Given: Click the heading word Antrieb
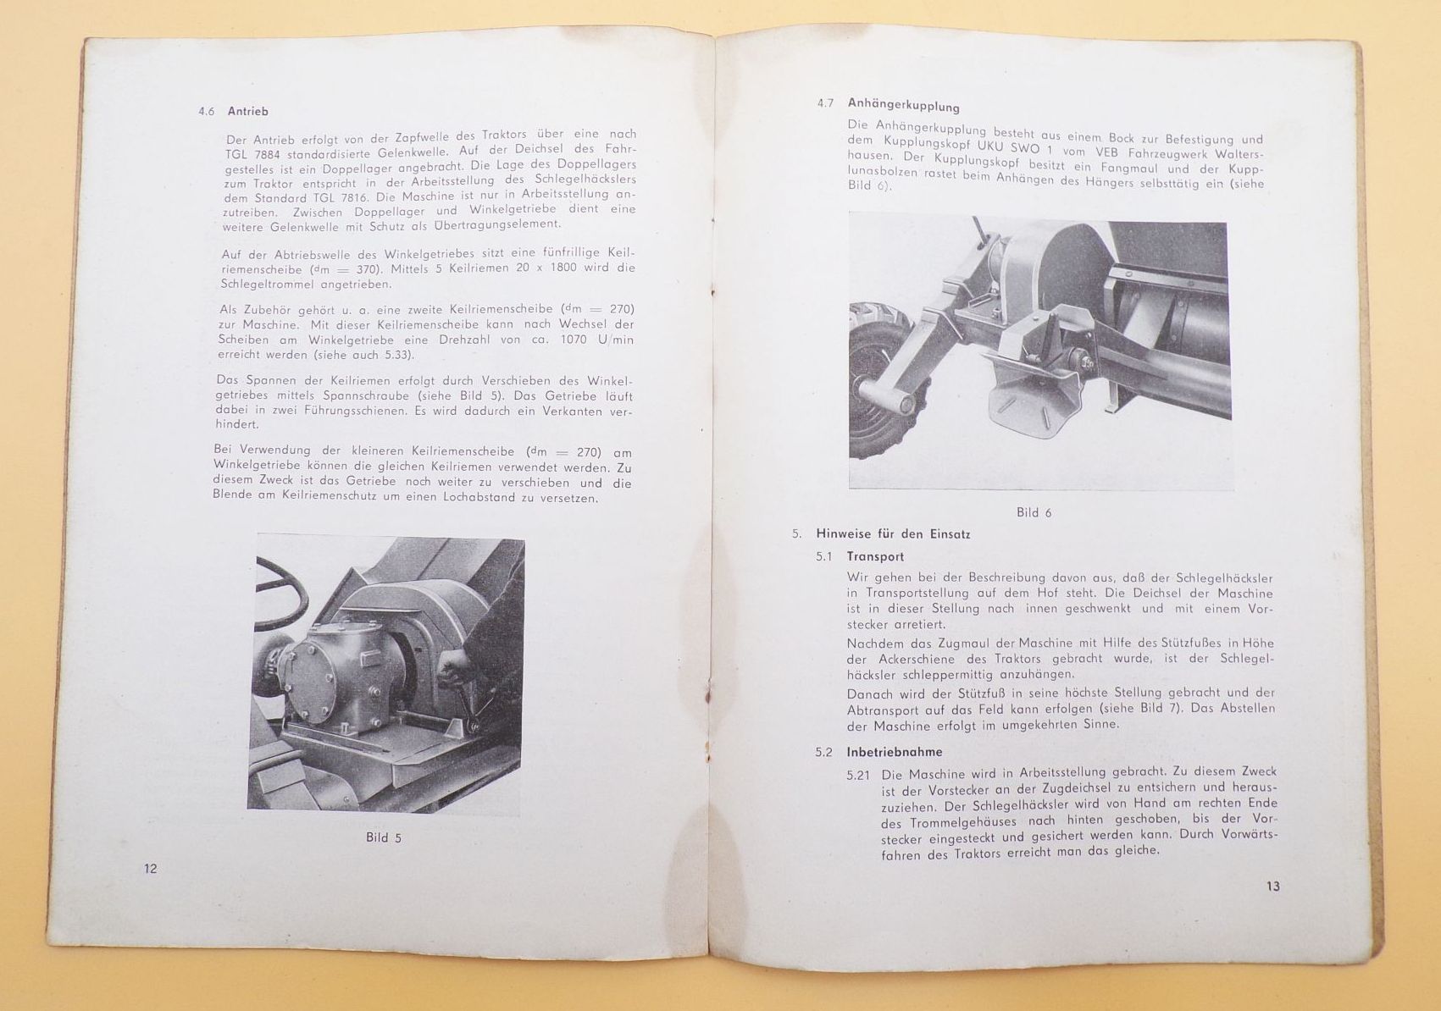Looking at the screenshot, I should pyautogui.click(x=248, y=111).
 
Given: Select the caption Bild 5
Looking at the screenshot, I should pyautogui.click(x=384, y=837).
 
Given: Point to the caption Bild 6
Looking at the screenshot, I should pyautogui.click(x=1034, y=512).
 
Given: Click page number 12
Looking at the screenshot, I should pyautogui.click(x=151, y=869).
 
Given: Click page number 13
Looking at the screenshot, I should pyautogui.click(x=1273, y=887).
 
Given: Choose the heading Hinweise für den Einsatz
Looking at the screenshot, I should pyautogui.click(x=893, y=534).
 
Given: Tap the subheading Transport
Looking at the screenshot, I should pyautogui.click(x=875, y=556).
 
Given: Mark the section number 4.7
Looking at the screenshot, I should pyautogui.click(x=826, y=103).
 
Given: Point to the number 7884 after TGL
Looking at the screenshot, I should pyautogui.click(x=278, y=151).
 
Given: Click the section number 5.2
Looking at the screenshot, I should pyautogui.click(x=824, y=752).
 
